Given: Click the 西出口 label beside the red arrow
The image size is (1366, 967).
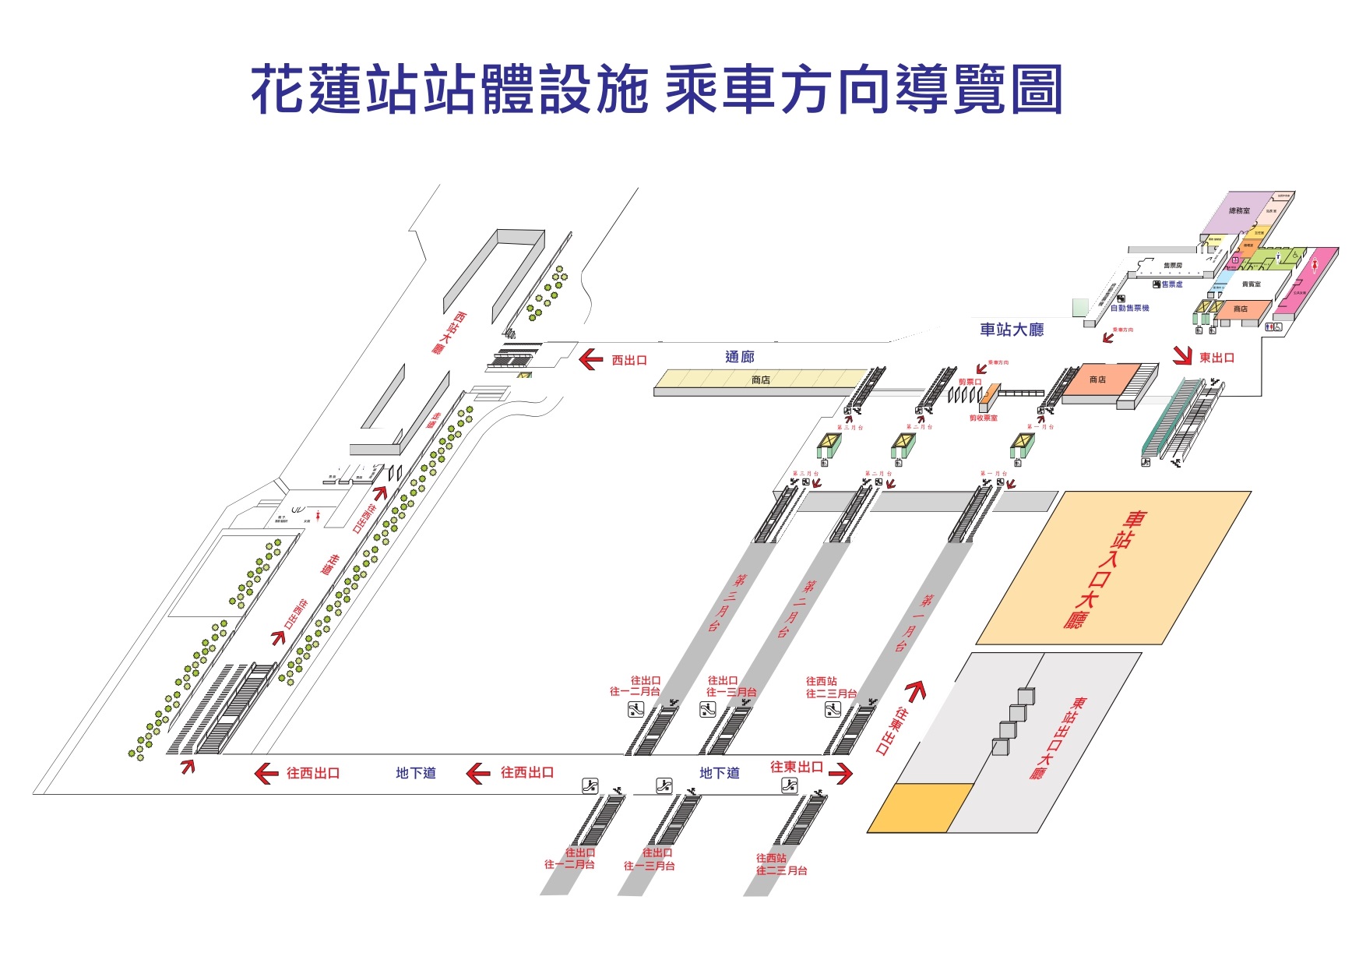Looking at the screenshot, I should click(629, 360).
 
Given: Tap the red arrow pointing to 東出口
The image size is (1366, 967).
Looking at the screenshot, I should click(1183, 356).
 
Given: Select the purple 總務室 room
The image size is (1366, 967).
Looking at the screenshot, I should click(1238, 211).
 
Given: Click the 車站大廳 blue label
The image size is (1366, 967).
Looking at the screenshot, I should click(1011, 330).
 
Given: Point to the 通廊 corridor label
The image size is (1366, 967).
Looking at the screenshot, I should click(739, 357).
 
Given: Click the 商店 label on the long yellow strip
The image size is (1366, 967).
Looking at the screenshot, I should click(760, 380).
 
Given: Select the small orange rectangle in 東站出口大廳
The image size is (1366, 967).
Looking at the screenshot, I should click(920, 808).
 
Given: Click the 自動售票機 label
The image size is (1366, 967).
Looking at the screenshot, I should click(1129, 309).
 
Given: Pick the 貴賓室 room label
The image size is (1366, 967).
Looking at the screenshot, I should click(1251, 284).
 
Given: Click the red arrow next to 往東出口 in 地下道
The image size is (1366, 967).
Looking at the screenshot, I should click(841, 773).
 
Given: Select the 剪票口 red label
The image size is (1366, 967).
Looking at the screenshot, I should click(970, 382).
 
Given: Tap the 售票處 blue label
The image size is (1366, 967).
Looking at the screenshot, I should click(1171, 284).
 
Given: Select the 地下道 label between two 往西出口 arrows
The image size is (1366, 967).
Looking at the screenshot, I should click(415, 773).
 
